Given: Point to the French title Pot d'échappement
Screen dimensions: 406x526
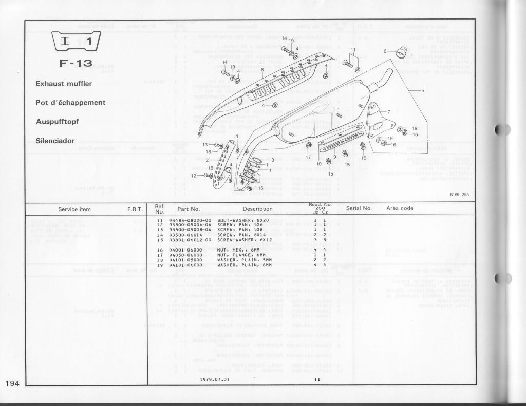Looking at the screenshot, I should point(70,102).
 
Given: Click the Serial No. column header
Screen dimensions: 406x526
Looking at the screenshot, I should point(359,209).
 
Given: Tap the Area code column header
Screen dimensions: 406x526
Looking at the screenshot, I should point(400,208).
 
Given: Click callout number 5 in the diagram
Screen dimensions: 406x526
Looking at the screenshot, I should point(423,91).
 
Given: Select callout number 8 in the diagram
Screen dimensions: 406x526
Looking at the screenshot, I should point(262,69).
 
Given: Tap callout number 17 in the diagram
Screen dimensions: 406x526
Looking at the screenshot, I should point(308,156).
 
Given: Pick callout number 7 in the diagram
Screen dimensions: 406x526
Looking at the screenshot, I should point(388,112).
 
